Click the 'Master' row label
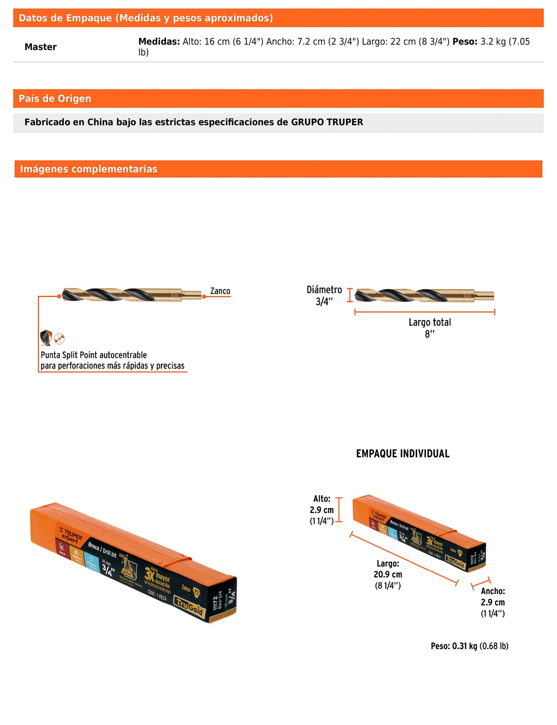pos(40,47)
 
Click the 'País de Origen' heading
pos(55,99)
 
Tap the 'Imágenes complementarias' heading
pos(89,169)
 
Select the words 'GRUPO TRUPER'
pos(327,122)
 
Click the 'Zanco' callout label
pos(220,291)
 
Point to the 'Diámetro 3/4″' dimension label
pos(324,296)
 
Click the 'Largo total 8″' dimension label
pos(430,328)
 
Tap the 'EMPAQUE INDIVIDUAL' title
pos(403,454)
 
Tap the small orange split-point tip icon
pos(59,339)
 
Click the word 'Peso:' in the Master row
pos(465,42)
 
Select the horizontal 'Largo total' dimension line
pos(424,312)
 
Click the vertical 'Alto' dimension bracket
pos(339,510)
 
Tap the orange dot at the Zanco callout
pos(204,296)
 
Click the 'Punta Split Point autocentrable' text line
pos(94,355)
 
